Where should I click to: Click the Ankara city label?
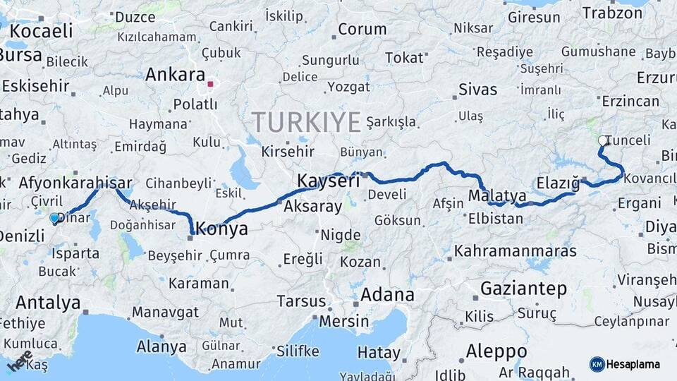(175, 75)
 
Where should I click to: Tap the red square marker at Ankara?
(210, 84)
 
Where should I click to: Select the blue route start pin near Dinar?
(54, 219)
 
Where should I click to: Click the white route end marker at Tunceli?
(603, 140)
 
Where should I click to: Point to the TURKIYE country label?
(307, 123)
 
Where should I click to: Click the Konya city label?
(221, 229)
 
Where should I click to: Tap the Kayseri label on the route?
(328, 181)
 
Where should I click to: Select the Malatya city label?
(497, 195)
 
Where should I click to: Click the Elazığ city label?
(558, 183)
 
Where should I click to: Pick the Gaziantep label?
(523, 289)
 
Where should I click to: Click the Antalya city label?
(48, 303)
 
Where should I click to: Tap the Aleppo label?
(496, 351)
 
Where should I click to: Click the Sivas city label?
(477, 90)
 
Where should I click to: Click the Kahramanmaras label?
(516, 250)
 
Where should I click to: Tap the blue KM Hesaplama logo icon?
(597, 364)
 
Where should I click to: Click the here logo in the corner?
(19, 363)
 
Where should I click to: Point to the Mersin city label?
(344, 321)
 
